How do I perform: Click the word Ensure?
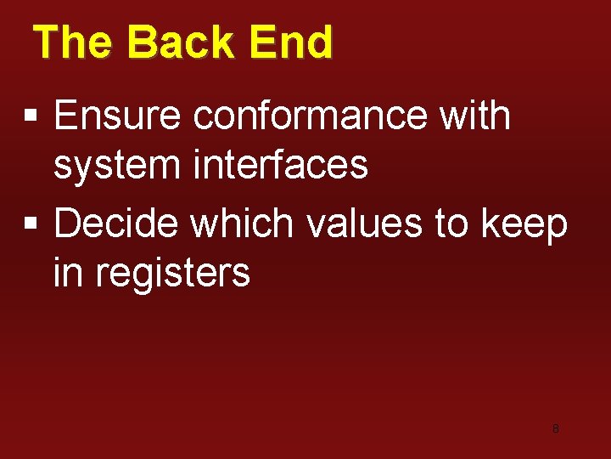point(117,116)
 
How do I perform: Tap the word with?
point(475,116)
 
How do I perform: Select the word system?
point(117,165)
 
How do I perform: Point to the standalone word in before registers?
point(68,272)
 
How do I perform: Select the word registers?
point(172,274)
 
